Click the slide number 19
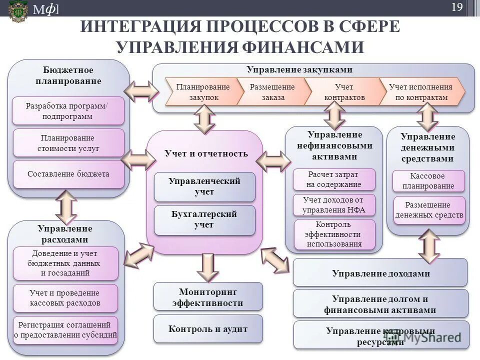tap(456, 7)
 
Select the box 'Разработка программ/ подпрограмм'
tap(68, 111)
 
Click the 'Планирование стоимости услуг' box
tap(68, 143)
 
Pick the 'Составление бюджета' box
tap(68, 174)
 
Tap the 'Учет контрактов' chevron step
tap(344, 92)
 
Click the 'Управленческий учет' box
tap(204, 186)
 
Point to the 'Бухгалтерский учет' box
tap(204, 219)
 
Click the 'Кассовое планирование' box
tap(428, 181)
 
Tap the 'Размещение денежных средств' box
tap(428, 210)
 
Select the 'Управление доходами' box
tap(380, 273)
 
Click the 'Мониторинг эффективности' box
tap(207, 296)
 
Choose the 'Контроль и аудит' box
tap(207, 329)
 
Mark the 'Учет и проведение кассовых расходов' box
tap(65, 298)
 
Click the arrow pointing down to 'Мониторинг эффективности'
tap(207, 266)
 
